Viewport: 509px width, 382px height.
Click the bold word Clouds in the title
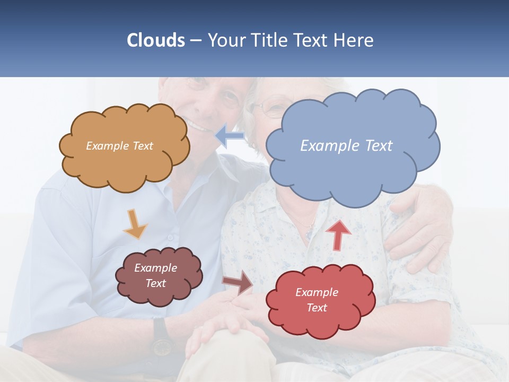click(x=155, y=40)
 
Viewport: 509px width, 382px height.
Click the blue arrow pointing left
click(x=230, y=135)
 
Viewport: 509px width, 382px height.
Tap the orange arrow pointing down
click(x=135, y=224)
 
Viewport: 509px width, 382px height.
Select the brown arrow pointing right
click(x=238, y=282)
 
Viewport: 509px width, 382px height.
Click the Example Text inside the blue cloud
click(x=346, y=145)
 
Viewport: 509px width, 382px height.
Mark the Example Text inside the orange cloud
click(x=119, y=146)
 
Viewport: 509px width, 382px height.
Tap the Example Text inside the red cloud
click(x=317, y=300)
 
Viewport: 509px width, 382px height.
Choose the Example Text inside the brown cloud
click(x=155, y=275)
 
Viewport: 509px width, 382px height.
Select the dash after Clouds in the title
click(x=195, y=41)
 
